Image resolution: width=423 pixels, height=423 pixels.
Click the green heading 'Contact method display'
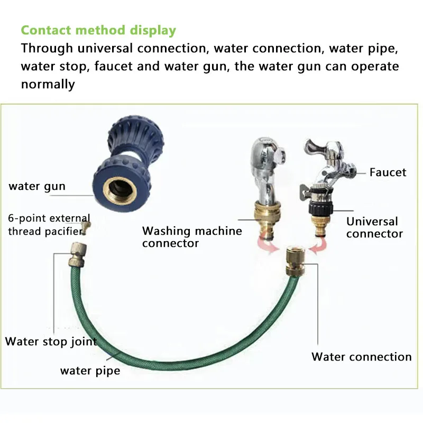[x=98, y=30]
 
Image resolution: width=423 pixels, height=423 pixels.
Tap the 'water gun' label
[x=37, y=186]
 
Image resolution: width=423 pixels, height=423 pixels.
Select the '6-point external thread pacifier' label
[x=49, y=225]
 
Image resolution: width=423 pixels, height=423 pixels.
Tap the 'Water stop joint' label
[x=51, y=341]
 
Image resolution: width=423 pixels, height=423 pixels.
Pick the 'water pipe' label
[x=90, y=370]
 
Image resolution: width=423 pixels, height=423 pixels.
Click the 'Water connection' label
[x=362, y=356]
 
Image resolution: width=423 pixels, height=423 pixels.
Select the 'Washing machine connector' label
[x=192, y=237]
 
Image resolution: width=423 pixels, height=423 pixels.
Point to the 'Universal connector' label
[x=374, y=227]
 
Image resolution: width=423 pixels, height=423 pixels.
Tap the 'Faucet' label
[x=388, y=172]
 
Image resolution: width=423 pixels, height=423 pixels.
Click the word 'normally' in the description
[x=48, y=84]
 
